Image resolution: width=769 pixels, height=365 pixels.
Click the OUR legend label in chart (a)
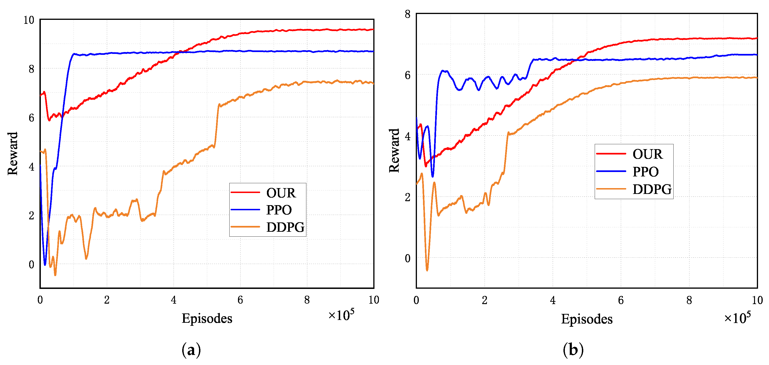[281, 193]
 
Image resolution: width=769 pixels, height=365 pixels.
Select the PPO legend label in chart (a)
[279, 210]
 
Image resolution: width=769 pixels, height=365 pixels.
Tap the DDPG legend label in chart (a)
[285, 227]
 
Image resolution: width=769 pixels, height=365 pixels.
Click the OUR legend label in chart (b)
[647, 154]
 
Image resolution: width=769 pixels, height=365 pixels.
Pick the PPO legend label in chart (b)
[645, 172]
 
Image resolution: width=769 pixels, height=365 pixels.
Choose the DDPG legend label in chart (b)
[652, 189]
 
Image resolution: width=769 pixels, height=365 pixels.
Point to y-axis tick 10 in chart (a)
[29, 20]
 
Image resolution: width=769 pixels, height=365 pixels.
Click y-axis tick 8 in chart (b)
[408, 14]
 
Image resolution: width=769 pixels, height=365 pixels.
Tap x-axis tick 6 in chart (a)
[240, 300]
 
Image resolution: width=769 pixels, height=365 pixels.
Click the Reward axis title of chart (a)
[13, 154]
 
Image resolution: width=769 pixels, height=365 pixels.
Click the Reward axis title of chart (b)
[394, 151]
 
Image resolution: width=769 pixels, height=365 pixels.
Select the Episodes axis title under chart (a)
[207, 318]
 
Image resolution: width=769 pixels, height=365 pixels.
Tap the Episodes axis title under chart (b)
[587, 319]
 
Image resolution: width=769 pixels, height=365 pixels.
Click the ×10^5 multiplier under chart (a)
[341, 315]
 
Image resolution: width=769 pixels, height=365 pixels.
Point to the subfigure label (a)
[191, 350]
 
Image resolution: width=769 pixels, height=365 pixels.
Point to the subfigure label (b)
[573, 350]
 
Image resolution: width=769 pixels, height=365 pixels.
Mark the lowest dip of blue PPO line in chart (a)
[45, 264]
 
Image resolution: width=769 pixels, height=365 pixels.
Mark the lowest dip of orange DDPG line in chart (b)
[427, 270]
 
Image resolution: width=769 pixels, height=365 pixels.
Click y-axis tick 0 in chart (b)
[408, 258]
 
